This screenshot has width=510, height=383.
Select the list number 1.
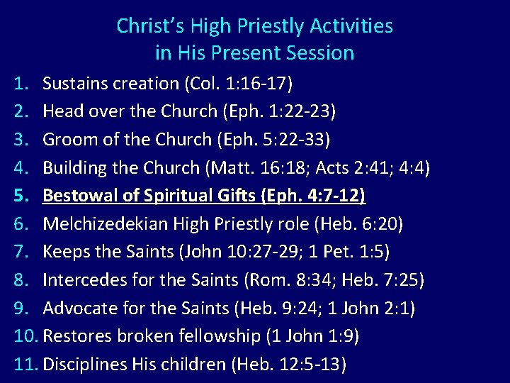pyautogui.click(x=20, y=84)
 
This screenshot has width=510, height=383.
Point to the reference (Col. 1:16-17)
pyautogui.click(x=237, y=84)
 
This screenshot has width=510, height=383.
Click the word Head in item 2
pyautogui.click(x=60, y=111)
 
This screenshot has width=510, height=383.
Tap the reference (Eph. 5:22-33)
pyautogui.click(x=273, y=140)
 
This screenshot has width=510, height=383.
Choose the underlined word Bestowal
pyautogui.click(x=77, y=196)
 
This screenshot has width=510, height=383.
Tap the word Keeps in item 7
pyautogui.click(x=64, y=252)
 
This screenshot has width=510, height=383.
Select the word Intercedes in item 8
pyautogui.click(x=82, y=280)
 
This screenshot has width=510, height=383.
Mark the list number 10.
pyautogui.click(x=24, y=336)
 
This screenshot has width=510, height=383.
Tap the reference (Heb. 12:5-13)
pyautogui.click(x=290, y=365)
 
